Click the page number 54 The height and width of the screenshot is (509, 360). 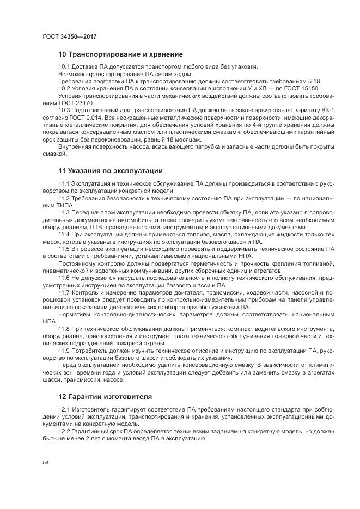[45, 462]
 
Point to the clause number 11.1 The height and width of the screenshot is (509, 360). [64, 183]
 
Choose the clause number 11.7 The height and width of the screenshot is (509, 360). [64, 292]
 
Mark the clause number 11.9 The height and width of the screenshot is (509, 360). [64, 350]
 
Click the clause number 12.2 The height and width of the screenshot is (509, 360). [64, 430]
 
